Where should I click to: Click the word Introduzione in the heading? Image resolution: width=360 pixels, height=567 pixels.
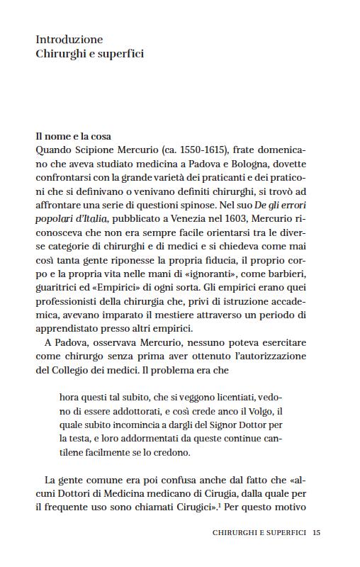pos(69,39)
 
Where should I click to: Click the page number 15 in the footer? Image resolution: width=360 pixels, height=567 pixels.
pos(316,533)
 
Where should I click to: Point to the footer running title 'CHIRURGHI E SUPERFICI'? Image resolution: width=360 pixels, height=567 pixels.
pos(259,533)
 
